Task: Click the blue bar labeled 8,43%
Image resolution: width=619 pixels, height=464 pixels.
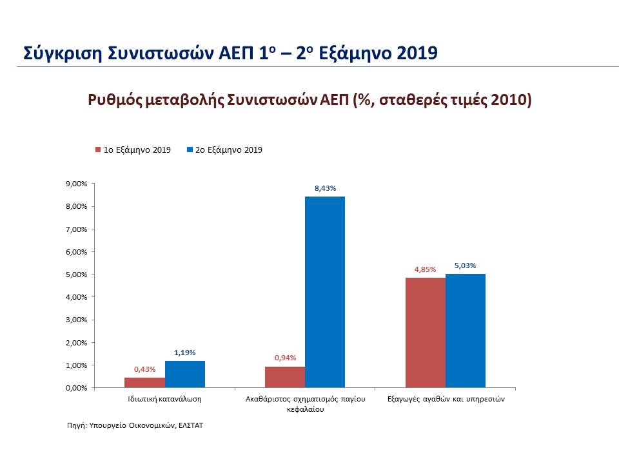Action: coord(324,292)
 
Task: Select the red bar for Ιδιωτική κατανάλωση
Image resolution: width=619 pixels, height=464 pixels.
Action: coord(144,383)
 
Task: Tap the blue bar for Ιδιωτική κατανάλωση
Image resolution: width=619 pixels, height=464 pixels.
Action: coord(184,374)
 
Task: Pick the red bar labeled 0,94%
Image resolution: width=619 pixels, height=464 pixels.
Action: coord(284,377)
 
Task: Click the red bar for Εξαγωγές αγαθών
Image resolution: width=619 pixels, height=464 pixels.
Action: coord(425,333)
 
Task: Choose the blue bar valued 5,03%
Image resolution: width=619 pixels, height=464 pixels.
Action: coord(465,331)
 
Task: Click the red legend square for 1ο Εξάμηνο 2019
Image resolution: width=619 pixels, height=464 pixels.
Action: coord(98,150)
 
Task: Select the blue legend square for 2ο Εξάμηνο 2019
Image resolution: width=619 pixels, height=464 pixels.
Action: coord(190,150)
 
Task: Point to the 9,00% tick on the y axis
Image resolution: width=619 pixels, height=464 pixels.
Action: coord(76,184)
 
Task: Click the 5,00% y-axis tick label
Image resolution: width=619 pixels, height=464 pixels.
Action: coord(76,275)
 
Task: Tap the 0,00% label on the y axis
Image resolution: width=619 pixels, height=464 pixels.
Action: coord(76,388)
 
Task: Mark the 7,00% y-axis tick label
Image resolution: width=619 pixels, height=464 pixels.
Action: coord(76,229)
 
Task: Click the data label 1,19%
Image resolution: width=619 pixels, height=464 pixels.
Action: coord(184,353)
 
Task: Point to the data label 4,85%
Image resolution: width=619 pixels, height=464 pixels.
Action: coord(425,269)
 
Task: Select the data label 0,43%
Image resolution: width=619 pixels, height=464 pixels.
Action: coord(144,369)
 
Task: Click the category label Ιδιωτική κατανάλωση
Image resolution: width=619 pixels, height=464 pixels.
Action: coord(165,400)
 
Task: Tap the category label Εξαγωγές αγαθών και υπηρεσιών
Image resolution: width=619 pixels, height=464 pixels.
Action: coord(445,400)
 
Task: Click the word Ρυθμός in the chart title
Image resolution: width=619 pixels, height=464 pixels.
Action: coord(114,101)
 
